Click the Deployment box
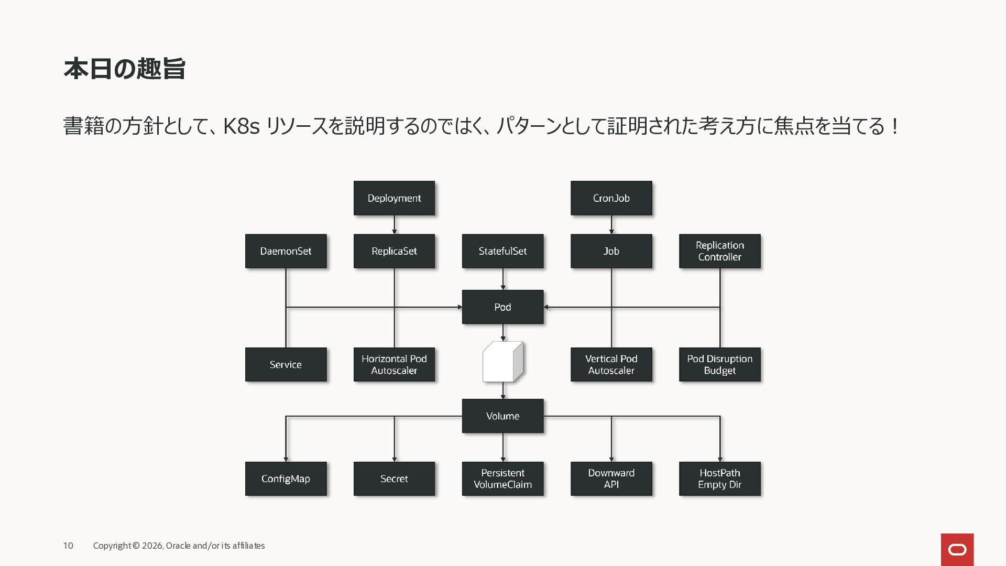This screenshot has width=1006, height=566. click(394, 198)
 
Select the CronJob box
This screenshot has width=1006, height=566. click(611, 198)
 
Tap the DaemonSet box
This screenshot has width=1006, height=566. click(286, 251)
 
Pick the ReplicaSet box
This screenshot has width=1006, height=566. click(394, 251)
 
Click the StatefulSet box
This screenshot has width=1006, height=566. click(502, 251)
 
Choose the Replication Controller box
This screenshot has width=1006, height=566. click(719, 251)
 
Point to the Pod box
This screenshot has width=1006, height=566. click(502, 307)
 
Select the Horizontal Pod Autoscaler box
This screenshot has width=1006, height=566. click(394, 364)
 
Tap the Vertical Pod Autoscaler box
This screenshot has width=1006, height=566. click(611, 364)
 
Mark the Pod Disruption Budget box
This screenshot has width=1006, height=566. click(719, 364)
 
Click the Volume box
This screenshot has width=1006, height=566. click(502, 416)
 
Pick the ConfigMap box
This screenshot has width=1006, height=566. click(286, 478)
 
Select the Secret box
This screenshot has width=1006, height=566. click(394, 478)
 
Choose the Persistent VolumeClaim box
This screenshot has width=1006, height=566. click(502, 478)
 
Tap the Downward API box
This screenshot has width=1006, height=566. click(611, 478)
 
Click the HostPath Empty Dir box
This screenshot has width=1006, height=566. click(719, 478)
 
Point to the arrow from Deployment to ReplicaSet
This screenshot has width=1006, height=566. click(394, 225)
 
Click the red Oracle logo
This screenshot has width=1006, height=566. click(957, 549)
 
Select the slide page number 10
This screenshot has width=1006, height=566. click(68, 546)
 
